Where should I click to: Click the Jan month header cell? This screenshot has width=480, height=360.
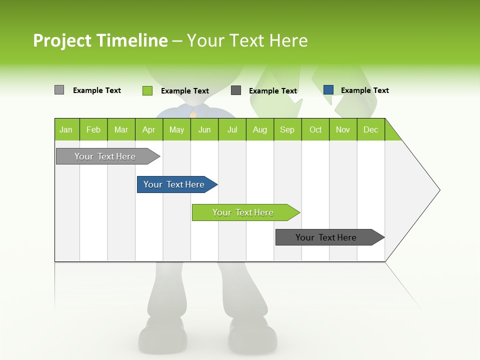66,129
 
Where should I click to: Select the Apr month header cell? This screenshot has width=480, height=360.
149,129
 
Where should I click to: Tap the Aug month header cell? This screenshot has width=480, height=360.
260,129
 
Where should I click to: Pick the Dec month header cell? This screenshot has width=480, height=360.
371,129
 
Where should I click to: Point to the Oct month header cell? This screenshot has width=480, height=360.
315,129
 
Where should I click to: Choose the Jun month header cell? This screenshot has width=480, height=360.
204,129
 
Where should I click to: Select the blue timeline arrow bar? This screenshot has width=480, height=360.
175,184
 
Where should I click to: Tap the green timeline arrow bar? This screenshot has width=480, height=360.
243,212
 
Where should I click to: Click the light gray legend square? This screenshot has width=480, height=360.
59,90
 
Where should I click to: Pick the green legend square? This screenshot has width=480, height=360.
147,90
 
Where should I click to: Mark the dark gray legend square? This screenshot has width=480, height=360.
236,90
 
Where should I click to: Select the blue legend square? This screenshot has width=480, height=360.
328,90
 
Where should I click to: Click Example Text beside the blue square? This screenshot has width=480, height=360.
364,90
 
